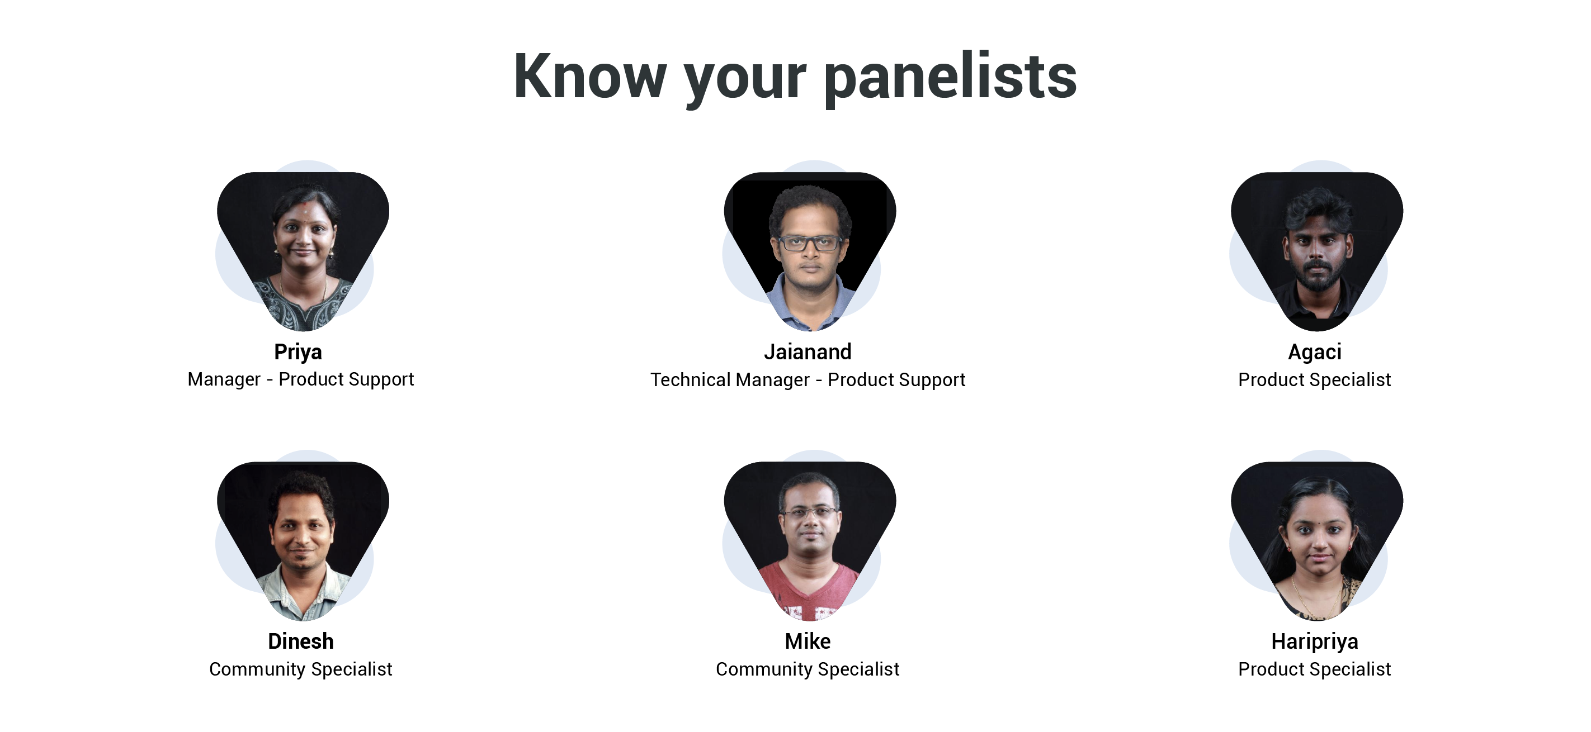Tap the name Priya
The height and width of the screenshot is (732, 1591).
click(298, 352)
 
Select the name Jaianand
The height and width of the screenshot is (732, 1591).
click(808, 352)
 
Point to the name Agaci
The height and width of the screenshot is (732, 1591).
click(1315, 353)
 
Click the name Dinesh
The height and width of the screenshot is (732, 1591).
click(301, 641)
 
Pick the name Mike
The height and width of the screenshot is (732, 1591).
click(808, 641)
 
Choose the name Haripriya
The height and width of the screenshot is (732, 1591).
click(1315, 642)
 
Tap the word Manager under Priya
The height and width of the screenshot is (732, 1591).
click(224, 379)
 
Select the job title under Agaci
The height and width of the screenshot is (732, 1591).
click(1315, 379)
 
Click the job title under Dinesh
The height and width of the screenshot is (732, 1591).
click(301, 669)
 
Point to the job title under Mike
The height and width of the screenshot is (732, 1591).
click(808, 669)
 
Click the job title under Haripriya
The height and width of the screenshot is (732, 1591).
click(1315, 669)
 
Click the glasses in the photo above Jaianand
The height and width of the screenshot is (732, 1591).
click(810, 243)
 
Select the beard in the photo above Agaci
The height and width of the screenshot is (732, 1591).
click(1318, 277)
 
